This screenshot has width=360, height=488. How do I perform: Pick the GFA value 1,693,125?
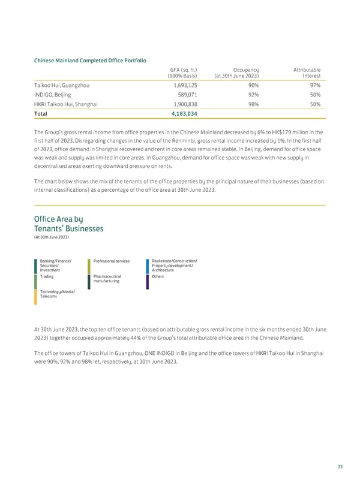click(x=182, y=85)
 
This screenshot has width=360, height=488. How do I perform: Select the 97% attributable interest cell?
click(x=314, y=85)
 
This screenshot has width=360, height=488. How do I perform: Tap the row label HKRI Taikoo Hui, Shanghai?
click(x=67, y=104)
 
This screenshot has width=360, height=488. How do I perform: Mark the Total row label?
click(x=41, y=114)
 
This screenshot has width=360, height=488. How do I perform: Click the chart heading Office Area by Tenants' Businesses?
click(x=69, y=224)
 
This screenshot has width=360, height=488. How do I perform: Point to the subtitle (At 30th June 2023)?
click(x=52, y=239)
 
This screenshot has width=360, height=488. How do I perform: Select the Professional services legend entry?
click(x=112, y=261)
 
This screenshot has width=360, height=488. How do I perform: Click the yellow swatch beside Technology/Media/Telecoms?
click(x=35, y=297)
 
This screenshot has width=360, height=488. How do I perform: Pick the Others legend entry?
click(x=158, y=277)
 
